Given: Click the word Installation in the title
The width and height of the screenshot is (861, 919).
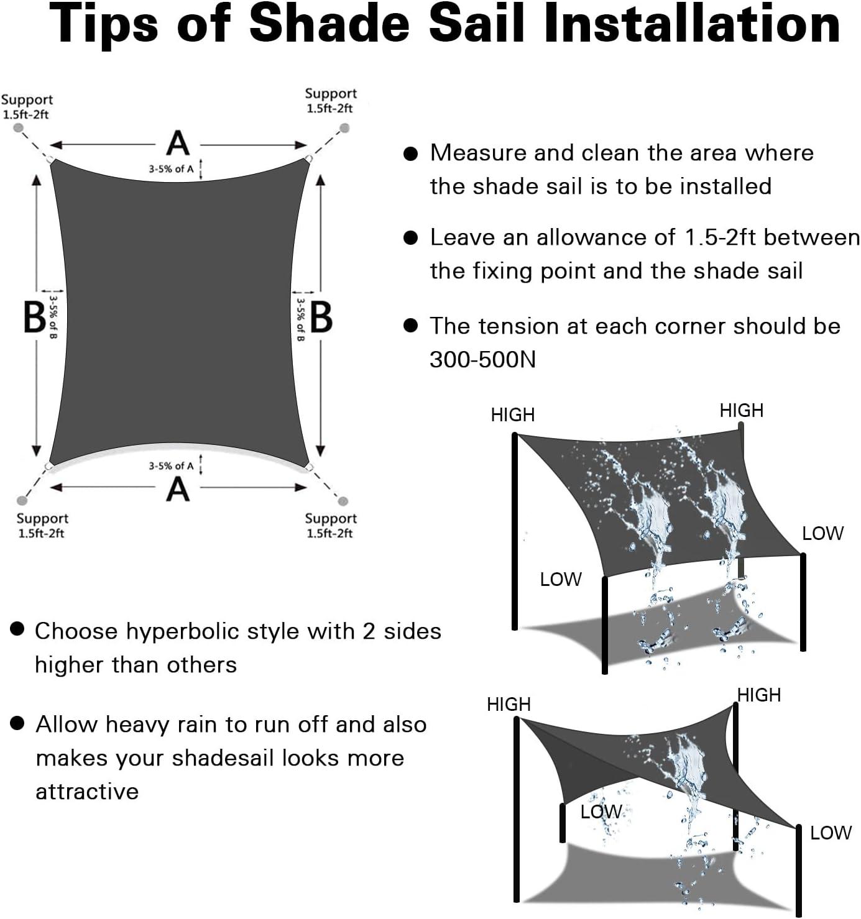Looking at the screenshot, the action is (x=691, y=23).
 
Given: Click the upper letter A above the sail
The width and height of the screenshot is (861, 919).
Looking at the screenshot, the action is (x=178, y=144).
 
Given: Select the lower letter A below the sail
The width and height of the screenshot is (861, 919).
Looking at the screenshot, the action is (x=178, y=490).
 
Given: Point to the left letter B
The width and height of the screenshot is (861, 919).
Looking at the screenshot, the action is (x=34, y=318).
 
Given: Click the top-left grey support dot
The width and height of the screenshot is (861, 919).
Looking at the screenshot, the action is (x=18, y=128).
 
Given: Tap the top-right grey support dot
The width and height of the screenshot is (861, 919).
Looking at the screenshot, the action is (x=344, y=128).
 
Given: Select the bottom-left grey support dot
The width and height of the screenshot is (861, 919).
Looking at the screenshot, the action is (x=22, y=501).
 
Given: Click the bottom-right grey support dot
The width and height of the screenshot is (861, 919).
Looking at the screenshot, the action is (x=343, y=501).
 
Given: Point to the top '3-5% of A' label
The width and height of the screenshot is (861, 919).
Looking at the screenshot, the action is (x=171, y=170).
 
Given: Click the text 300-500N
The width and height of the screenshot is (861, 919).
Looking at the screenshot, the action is (x=482, y=360).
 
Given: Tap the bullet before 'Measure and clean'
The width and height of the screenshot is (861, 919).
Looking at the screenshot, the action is (x=411, y=153).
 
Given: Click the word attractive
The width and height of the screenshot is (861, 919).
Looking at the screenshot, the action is (x=87, y=792).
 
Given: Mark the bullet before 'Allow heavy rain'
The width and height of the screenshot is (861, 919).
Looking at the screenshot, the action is (x=17, y=723).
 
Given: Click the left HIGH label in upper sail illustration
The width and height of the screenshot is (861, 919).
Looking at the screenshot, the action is (x=513, y=415).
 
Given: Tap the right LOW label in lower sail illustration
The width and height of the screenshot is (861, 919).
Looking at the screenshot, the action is (x=831, y=833).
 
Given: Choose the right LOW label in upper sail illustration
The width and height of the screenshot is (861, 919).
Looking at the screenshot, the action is (x=823, y=534).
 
